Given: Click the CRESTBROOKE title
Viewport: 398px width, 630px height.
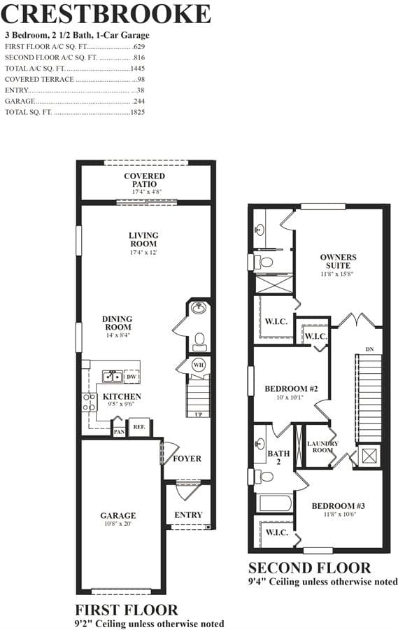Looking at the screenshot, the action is tap(106, 14).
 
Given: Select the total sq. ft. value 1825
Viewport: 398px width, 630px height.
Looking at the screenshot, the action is tap(137, 112).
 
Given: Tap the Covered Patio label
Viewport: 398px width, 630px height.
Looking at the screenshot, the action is tap(144, 180).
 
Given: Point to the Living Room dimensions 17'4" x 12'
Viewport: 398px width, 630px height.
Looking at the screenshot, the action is tap(143, 252).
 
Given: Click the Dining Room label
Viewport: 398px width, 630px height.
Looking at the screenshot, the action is tap(117, 323).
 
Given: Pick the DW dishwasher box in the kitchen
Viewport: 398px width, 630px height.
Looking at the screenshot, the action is tap(132, 377).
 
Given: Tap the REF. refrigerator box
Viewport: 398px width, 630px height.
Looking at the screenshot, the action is tap(139, 427).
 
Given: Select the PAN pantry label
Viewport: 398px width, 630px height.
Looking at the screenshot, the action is tap(119, 432).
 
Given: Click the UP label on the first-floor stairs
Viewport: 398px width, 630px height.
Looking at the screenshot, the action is tap(199, 414).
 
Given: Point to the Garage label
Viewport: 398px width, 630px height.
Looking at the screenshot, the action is tap(118, 515).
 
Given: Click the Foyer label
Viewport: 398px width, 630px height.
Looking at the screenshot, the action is tap(187, 458).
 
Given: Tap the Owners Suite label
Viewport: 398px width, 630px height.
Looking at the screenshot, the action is tap(338, 261).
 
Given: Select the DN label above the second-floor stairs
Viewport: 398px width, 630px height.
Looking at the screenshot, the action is tap(370, 349).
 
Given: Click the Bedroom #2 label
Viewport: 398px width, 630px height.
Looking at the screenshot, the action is tap(291, 389).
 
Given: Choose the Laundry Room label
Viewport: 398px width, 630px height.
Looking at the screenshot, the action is tap(322, 447).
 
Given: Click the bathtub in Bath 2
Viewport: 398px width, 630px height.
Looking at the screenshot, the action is tap(274, 503).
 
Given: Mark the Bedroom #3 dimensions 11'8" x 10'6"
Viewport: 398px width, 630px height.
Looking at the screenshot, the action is tap(340, 514).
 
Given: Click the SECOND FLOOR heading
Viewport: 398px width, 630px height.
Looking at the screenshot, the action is tap(309, 568).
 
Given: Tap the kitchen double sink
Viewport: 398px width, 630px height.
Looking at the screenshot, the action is tap(113, 377).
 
